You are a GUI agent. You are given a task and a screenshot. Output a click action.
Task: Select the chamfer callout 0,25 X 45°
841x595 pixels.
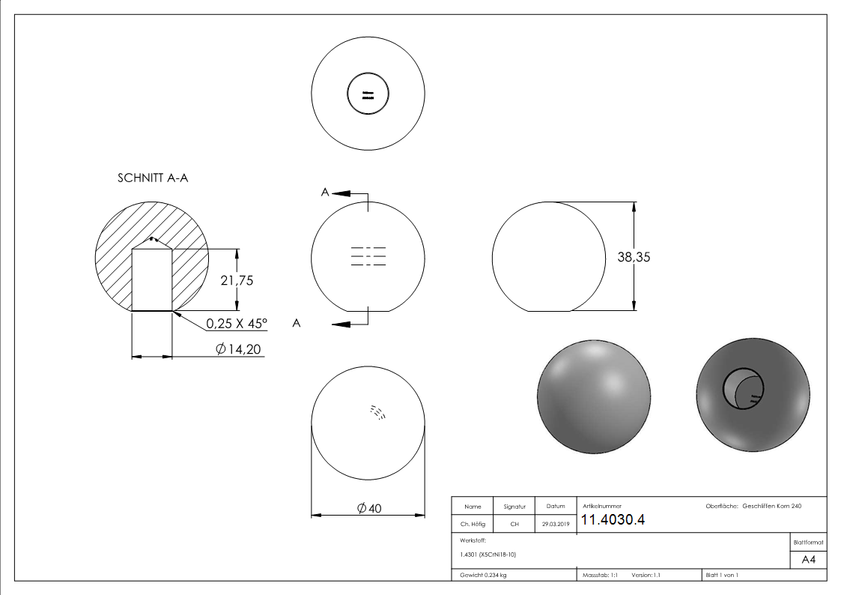(x=237, y=323)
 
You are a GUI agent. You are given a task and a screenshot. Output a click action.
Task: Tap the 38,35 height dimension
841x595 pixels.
(x=634, y=256)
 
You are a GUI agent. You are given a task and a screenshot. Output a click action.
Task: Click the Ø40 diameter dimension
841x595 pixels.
(x=369, y=508)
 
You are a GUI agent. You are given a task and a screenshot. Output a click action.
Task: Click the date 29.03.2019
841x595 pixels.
(x=556, y=525)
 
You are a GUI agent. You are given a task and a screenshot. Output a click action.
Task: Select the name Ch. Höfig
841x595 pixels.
(x=473, y=525)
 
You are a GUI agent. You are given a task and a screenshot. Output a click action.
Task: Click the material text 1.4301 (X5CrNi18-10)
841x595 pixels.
(x=488, y=555)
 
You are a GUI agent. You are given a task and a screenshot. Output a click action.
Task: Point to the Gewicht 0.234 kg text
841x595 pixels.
(x=483, y=575)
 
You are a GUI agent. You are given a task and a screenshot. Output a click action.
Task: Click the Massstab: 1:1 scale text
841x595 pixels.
(x=600, y=575)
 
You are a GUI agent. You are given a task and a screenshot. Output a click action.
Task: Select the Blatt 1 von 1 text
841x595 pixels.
(x=721, y=575)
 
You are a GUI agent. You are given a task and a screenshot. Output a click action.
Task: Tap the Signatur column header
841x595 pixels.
(x=514, y=507)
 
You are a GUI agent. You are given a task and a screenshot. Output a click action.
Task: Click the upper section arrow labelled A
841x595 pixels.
(x=341, y=193)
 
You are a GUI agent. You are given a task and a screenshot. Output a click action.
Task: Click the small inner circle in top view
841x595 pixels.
(x=368, y=95)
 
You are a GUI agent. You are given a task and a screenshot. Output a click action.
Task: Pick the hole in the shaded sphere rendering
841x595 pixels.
(x=740, y=388)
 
